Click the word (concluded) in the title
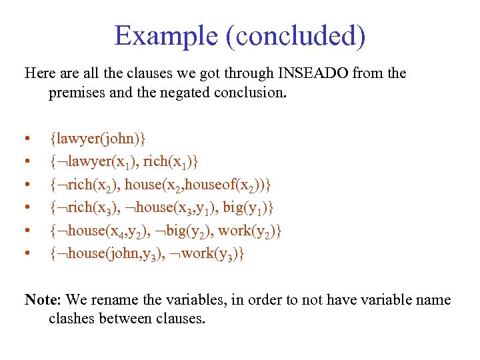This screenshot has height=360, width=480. pyautogui.click(x=295, y=37)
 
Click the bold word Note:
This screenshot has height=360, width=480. pyautogui.click(x=42, y=299)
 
